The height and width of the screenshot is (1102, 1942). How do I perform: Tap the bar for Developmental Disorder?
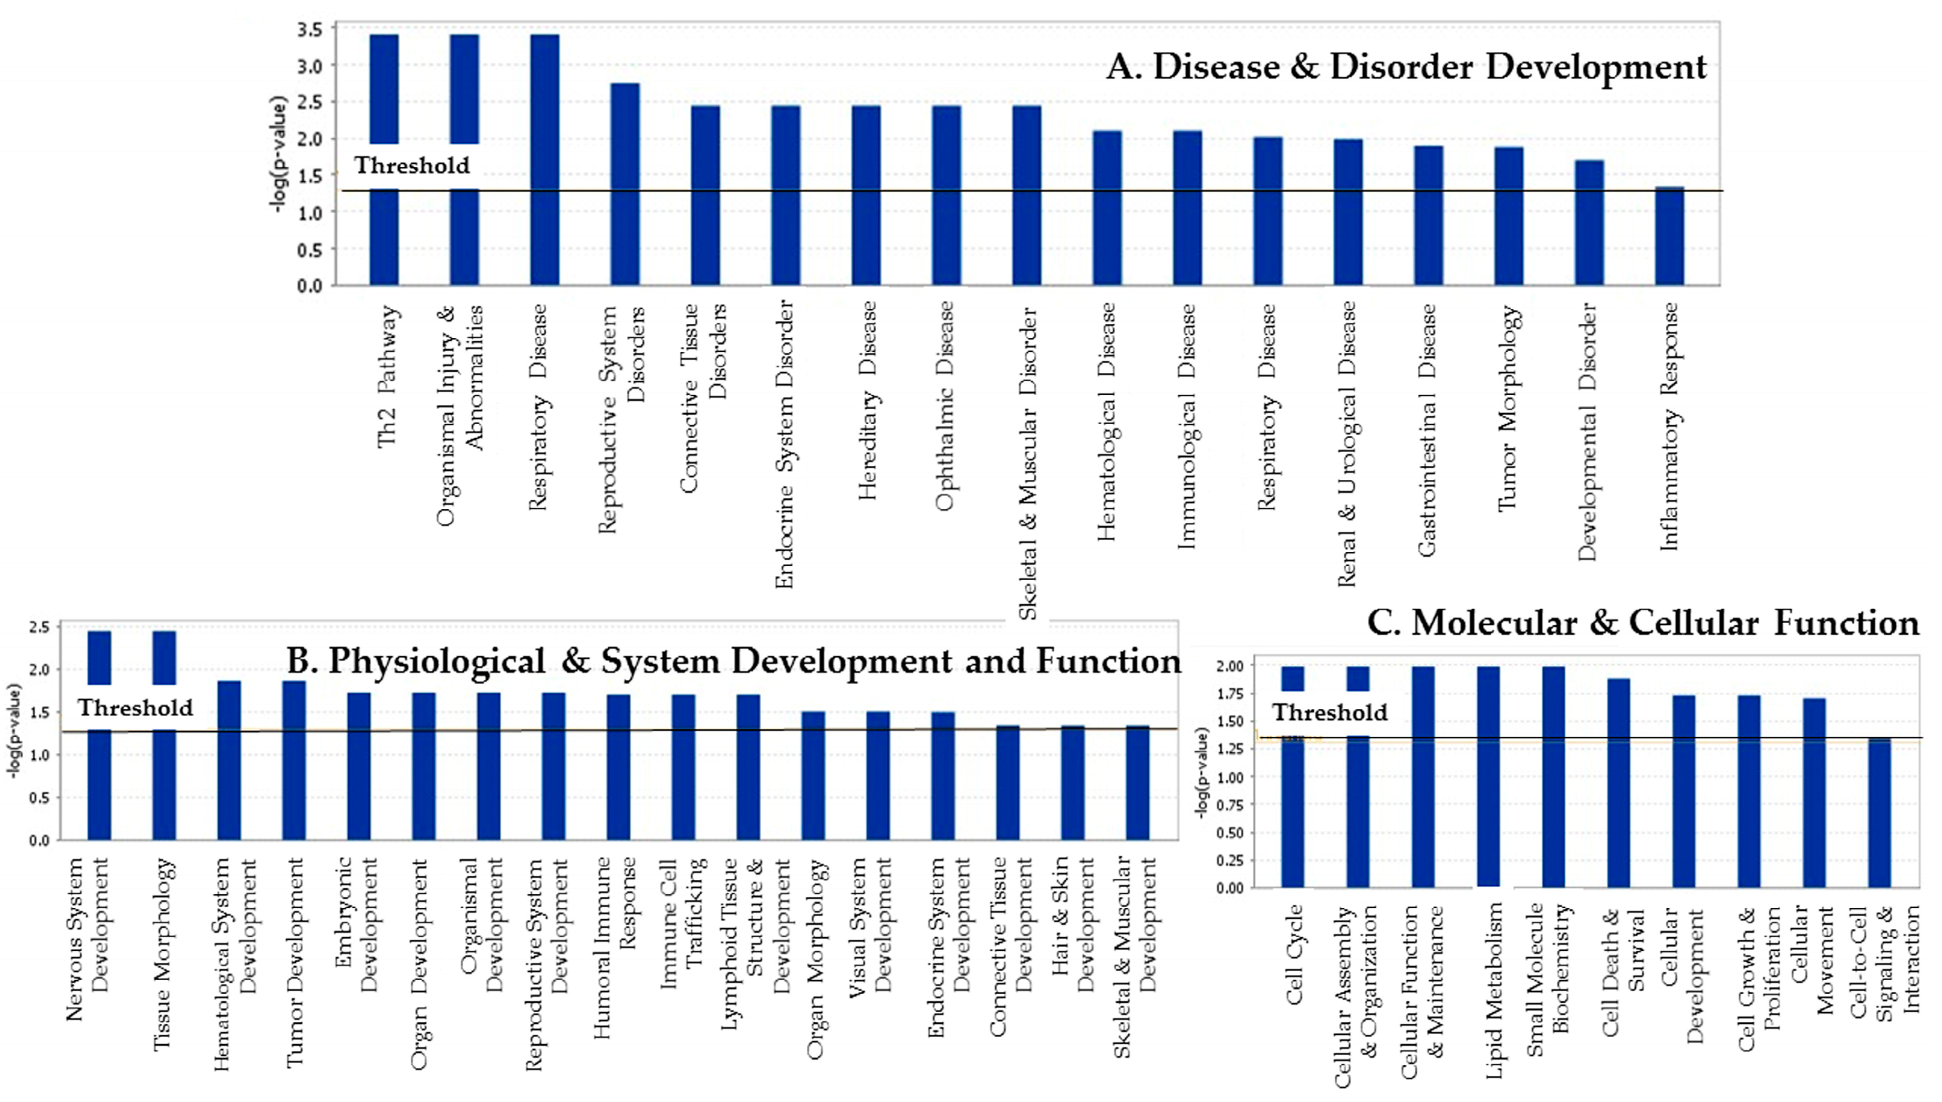pos(1588,223)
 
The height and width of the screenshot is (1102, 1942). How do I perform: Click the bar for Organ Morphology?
pos(813,776)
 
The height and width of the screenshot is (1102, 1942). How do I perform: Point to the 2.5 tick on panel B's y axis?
pos(39,627)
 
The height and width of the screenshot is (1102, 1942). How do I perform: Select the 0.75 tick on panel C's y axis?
pos(1230,804)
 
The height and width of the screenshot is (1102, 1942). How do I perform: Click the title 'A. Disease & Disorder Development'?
pos(1406,67)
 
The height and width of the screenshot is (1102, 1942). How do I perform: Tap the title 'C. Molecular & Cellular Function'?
pos(1643,623)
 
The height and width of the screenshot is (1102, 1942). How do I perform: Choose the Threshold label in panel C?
pos(1330,712)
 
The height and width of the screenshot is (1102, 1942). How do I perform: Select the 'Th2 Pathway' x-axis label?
pos(387,376)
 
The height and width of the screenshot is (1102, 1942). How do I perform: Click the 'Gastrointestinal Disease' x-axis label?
pos(1426,430)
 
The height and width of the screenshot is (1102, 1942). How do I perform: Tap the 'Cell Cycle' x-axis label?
pos(1295,953)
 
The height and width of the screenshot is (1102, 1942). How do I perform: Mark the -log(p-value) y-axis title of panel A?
pos(279,154)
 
